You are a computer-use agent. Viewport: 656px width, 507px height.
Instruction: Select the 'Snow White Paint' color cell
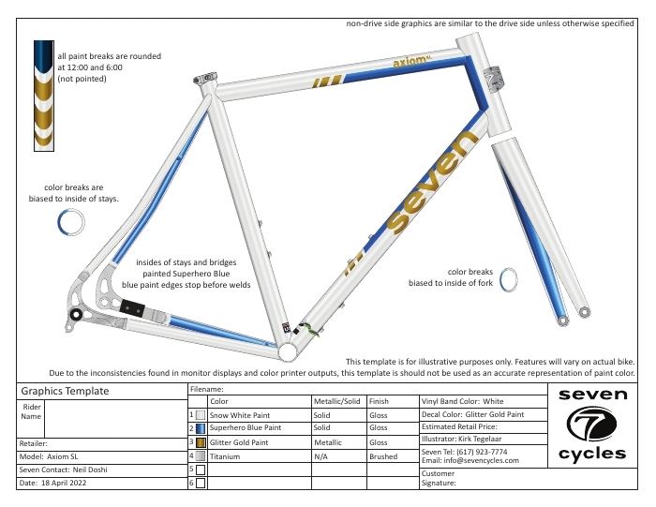click(259, 413)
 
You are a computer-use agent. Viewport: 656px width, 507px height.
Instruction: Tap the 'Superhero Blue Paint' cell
click(259, 427)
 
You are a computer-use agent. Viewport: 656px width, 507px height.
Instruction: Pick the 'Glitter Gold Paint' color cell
click(259, 441)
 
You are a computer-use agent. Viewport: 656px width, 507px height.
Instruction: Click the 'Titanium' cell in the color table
click(259, 455)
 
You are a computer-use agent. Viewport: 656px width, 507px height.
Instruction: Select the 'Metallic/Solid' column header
click(338, 400)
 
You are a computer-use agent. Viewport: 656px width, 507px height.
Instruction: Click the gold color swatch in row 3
click(201, 441)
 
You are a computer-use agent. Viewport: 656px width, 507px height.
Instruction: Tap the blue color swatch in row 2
click(201, 427)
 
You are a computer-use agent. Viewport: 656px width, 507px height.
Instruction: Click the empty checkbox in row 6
click(201, 484)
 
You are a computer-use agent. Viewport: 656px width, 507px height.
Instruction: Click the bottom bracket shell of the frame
click(290, 349)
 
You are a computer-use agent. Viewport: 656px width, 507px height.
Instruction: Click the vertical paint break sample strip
click(44, 96)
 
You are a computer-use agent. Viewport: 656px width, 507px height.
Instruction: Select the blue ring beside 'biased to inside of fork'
click(510, 279)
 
